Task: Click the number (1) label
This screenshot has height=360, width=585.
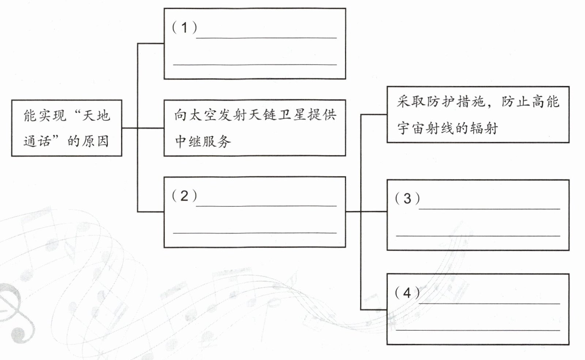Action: [185, 27]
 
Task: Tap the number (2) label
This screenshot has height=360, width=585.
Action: [184, 196]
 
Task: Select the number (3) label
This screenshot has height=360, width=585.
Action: [407, 199]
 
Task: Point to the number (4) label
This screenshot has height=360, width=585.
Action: [407, 293]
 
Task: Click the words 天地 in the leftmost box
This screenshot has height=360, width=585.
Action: [96, 116]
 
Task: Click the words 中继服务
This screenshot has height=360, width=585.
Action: [203, 141]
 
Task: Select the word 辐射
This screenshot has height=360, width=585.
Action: [483, 128]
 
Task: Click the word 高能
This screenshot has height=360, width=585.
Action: [545, 102]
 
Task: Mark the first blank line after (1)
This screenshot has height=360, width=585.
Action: [266, 37]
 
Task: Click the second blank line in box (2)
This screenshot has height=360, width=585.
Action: [254, 233]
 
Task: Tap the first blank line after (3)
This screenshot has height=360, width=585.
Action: [489, 209]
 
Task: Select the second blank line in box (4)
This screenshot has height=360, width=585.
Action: [478, 330]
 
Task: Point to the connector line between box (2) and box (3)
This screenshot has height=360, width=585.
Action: [366, 211]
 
